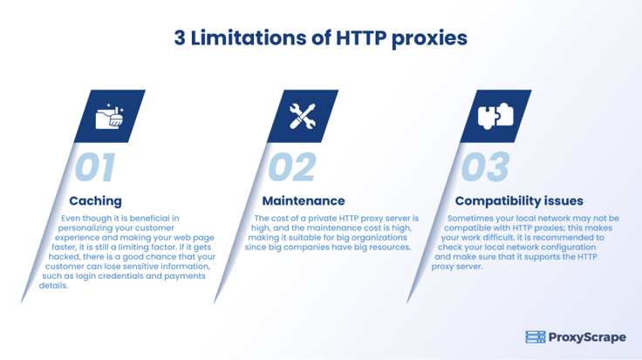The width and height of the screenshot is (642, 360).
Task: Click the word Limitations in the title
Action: pos(249,37)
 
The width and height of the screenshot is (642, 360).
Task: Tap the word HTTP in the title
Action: pos(361,37)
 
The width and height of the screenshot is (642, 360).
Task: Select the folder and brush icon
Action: pos(109,117)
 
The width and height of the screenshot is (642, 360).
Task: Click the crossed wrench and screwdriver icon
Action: pos(303,117)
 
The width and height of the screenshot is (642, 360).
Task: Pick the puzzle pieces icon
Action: pos(495,116)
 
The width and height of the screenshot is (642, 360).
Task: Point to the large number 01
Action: pos(95,166)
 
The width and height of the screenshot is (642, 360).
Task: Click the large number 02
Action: pos(292,166)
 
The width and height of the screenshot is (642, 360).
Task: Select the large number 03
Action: pos(486,166)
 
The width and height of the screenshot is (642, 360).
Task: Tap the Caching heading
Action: pos(95,200)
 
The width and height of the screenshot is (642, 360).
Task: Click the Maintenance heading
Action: pos(304,200)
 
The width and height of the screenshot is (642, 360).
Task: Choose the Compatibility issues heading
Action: pos(519,200)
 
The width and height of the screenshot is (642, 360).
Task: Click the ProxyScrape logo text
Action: pos(587,337)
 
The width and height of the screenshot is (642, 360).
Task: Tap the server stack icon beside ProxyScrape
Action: pos(536,337)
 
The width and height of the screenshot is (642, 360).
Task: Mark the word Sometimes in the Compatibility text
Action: pos(468,219)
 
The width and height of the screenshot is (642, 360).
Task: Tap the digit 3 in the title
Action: pos(180,38)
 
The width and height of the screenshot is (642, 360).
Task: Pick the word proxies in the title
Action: pos(429,38)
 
